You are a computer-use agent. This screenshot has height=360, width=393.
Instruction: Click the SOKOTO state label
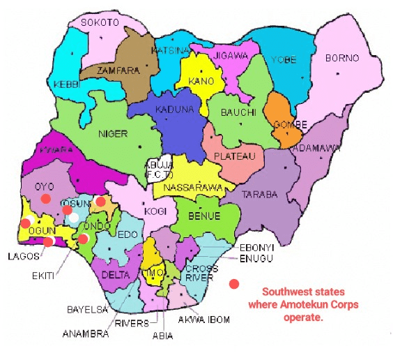tap(100, 22)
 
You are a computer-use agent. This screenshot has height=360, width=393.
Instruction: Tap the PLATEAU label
tap(233, 156)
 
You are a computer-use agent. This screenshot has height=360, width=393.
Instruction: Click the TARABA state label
tap(259, 194)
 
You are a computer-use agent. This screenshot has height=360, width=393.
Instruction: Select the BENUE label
tap(201, 216)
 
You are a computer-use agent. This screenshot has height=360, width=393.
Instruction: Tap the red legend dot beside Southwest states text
tap(234, 284)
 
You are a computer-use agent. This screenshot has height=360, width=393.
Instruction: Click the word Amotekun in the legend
tap(296, 305)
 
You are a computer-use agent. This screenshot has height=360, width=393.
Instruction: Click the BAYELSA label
tap(86, 307)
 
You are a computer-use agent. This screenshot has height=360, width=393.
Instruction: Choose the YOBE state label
tap(280, 59)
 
